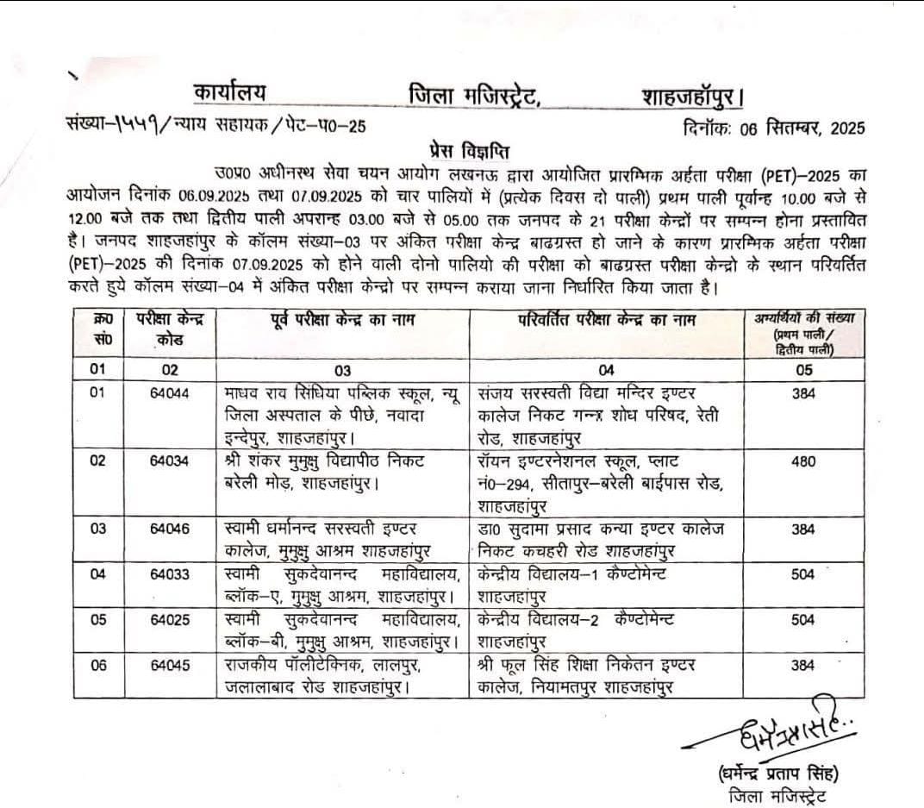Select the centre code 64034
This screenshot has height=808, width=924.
point(169,460)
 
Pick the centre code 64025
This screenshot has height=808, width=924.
point(169,620)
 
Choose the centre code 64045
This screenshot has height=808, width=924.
point(169,665)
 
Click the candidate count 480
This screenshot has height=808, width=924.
point(802,460)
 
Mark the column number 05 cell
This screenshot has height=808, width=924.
point(802,370)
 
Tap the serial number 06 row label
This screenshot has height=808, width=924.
point(97,665)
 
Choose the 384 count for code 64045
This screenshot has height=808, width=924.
point(802,665)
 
